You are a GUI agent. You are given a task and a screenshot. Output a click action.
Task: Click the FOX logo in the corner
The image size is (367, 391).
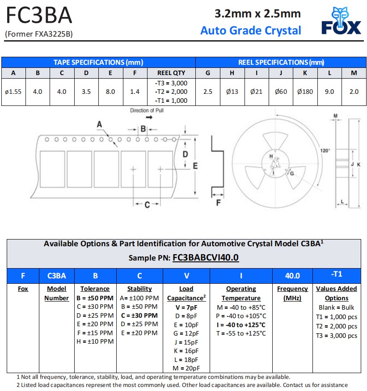(x=341, y=21)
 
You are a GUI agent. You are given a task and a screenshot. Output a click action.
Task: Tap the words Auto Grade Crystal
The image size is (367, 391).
(x=250, y=30)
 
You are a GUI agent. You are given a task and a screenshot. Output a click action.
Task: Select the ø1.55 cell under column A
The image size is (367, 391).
(x=13, y=92)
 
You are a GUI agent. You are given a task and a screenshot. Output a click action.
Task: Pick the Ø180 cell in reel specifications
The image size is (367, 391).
(x=305, y=92)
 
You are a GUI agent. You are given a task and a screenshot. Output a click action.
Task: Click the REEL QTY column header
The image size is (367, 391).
(x=171, y=73)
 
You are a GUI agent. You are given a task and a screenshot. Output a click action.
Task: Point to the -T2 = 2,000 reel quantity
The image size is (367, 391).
(x=171, y=92)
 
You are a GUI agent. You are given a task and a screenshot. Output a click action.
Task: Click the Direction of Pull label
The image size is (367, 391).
(x=147, y=110)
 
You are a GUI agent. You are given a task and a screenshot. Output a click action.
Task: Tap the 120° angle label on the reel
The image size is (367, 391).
(x=325, y=151)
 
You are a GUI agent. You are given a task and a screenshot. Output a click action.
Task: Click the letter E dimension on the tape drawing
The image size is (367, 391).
(x=195, y=166)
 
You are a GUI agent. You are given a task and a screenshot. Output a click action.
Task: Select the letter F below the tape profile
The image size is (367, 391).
(x=218, y=203)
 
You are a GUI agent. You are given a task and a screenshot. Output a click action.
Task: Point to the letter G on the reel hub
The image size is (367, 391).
(x=291, y=173)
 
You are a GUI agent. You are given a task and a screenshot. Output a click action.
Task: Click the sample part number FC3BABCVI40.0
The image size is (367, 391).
(x=205, y=258)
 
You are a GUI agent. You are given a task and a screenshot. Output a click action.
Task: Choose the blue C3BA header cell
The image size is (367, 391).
(x=57, y=276)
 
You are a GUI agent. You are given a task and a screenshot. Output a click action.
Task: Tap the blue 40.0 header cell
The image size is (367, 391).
(x=292, y=276)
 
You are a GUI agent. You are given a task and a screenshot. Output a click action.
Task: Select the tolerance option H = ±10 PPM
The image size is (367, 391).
(x=95, y=341)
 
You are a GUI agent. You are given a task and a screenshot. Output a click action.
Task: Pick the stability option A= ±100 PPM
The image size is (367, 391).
(x=139, y=298)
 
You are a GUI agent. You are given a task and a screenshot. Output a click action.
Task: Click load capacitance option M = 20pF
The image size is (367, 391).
(x=186, y=368)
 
